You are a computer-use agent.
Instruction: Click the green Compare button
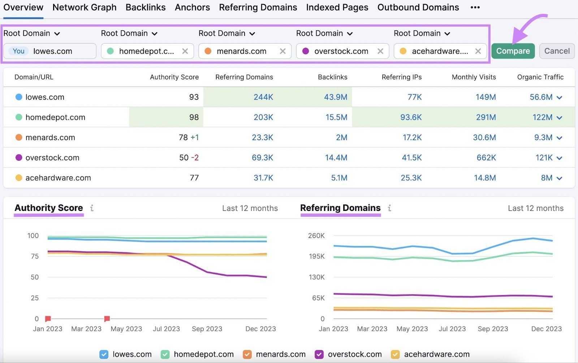tap(513, 51)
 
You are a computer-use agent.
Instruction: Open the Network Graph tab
tap(85, 7)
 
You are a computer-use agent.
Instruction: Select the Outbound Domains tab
tap(418, 7)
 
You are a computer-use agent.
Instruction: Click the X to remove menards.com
tap(282, 51)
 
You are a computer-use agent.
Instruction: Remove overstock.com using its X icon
tap(380, 51)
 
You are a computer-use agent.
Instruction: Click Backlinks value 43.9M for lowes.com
tap(335, 97)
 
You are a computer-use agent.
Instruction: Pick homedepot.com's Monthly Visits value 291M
tap(486, 117)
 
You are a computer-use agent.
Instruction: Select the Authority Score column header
tap(174, 77)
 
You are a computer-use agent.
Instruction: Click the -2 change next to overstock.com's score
tap(195, 158)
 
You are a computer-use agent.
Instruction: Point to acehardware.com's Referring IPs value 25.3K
tap(411, 178)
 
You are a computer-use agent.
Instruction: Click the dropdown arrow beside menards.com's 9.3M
tap(559, 138)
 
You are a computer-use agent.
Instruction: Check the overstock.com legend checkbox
tap(319, 354)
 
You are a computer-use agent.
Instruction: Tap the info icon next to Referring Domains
tap(389, 208)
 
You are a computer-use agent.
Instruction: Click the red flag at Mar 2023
tap(107, 319)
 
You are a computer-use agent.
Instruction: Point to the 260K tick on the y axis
tap(316, 236)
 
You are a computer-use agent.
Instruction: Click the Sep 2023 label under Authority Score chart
tap(207, 329)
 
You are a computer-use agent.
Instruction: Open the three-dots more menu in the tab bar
tap(475, 7)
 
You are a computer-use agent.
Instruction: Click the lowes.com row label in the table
tap(45, 97)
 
